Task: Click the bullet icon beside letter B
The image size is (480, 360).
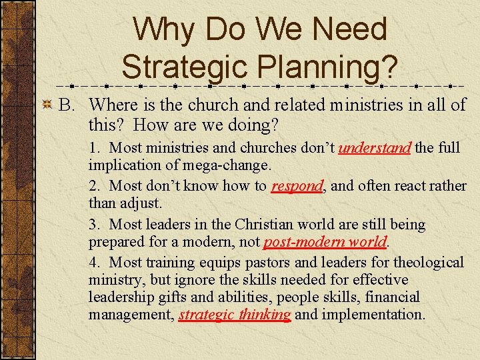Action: click(47, 105)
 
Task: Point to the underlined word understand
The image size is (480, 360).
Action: click(374, 147)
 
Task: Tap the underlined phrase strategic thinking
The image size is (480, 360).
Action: click(235, 314)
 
